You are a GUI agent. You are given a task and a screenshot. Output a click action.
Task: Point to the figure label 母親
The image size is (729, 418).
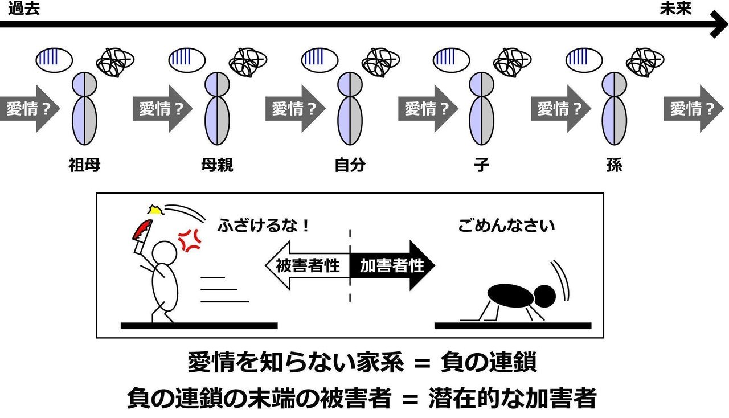point(217,166)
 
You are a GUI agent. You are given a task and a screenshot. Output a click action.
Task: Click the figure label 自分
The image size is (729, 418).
point(349,166)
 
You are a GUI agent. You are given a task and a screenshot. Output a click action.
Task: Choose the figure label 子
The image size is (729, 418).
point(481,166)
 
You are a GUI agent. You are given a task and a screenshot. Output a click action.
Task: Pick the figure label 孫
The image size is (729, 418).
point(614,166)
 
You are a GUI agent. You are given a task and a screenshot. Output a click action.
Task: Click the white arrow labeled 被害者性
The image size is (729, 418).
point(308,265)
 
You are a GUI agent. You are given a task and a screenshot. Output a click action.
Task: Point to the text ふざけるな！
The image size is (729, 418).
point(263,226)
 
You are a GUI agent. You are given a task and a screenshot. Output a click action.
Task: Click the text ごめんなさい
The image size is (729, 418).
point(506,226)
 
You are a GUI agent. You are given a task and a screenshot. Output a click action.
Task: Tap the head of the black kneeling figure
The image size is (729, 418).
point(545,295)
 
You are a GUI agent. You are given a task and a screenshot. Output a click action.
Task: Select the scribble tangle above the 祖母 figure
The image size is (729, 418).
point(116,60)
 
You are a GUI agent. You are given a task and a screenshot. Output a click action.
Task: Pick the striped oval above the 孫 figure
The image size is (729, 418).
point(584,57)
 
